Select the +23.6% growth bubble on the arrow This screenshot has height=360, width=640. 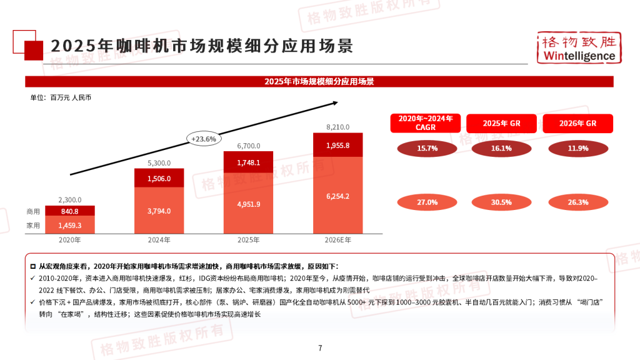click(x=204, y=139)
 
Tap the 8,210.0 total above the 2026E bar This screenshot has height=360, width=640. click(x=338, y=127)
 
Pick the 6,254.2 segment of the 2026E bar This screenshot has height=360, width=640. click(x=338, y=196)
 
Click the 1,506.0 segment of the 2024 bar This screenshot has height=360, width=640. click(x=159, y=178)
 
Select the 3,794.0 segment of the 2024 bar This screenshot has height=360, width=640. click(x=159, y=211)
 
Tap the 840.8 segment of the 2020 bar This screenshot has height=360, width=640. click(x=69, y=211)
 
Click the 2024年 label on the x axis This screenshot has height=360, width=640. click(x=159, y=239)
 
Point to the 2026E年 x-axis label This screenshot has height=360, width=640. click(x=338, y=239)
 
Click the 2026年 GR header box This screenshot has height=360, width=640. click(x=579, y=123)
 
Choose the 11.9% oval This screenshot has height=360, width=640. click(x=579, y=149)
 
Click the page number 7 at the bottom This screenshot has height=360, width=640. click(x=320, y=348)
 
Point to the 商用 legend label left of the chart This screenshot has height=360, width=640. click(x=34, y=211)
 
